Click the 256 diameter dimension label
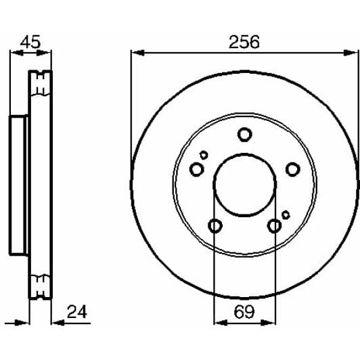click(244, 41)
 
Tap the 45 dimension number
click(30, 41)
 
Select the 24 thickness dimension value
click(78, 312)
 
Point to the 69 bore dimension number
click(244, 312)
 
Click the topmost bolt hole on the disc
click(244, 135)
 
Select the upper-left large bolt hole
click(196, 169)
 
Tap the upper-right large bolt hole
click(292, 169)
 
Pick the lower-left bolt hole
click(215, 225)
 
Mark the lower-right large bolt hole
click(274, 225)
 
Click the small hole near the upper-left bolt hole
click(203, 155)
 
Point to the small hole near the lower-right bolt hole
click(286, 215)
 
